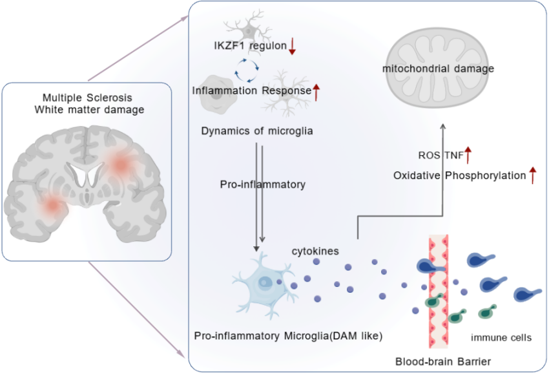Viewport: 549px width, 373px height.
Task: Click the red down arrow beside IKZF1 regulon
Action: (292, 46)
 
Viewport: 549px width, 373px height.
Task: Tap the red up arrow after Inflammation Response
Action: (316, 92)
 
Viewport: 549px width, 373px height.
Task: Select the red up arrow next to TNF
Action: (468, 155)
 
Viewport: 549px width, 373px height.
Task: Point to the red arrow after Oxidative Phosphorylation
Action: (533, 175)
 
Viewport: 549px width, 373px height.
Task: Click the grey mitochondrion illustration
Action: (438, 69)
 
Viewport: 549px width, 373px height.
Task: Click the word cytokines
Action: (315, 251)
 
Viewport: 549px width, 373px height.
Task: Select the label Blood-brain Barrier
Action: (443, 361)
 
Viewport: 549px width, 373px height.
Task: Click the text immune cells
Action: (501, 337)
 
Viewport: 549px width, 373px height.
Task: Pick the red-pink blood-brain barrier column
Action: (439, 291)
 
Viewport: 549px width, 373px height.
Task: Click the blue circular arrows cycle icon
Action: (247, 70)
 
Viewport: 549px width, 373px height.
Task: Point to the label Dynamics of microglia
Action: (257, 131)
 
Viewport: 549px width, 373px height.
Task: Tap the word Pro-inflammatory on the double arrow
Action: (263, 184)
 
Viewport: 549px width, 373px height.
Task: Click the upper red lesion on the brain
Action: (120, 164)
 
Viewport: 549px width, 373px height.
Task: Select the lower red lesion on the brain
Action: (53, 206)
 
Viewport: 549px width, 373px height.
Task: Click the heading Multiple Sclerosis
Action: (88, 98)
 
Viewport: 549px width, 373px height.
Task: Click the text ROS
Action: (430, 155)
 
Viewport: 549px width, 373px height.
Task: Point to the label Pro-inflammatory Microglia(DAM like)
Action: (288, 336)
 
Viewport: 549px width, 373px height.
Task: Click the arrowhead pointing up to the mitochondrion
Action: (443, 126)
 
